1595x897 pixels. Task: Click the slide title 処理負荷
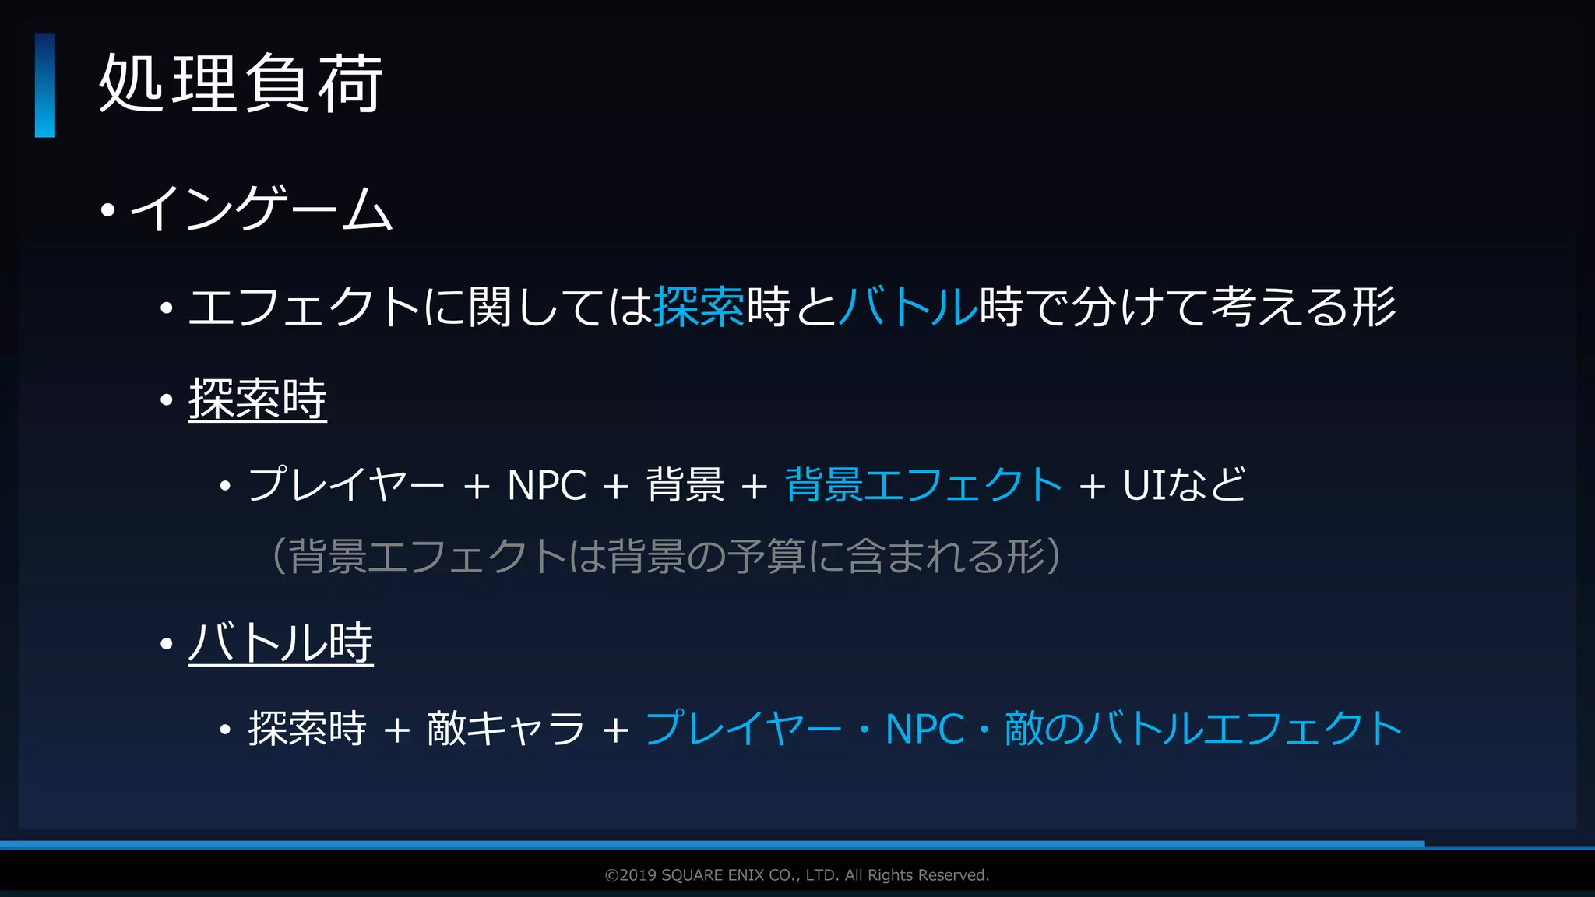(241, 84)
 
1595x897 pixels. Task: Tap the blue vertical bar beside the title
(44, 86)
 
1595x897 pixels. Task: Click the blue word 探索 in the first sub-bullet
(699, 307)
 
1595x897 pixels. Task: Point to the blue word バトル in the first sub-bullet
(908, 307)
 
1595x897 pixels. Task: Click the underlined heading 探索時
(257, 399)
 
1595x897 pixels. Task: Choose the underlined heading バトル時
(280, 643)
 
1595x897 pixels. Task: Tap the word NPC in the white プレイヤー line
(546, 486)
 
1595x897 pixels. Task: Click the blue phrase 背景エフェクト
(923, 485)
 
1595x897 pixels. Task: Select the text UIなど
(1184, 485)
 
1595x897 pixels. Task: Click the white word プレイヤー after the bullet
(346, 485)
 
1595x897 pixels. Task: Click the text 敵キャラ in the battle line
(505, 730)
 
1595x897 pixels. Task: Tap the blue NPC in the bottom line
(924, 730)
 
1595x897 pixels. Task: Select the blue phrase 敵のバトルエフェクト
(1203, 730)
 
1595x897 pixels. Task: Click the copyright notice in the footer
(797, 875)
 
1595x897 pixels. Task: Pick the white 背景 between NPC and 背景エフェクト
(685, 485)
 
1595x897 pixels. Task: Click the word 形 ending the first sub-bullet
(1374, 307)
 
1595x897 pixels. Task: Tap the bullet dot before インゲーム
(108, 209)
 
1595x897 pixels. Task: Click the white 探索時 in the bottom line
(307, 730)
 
